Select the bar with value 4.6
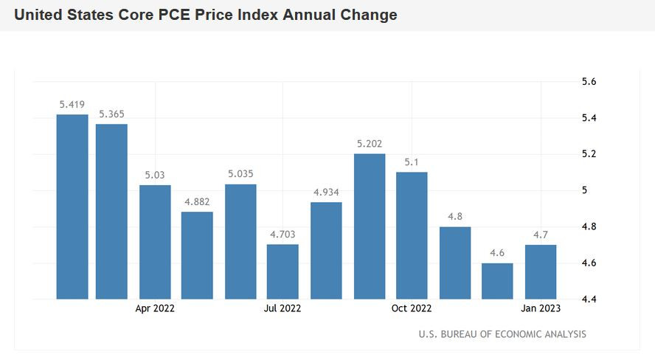497,281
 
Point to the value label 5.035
240,175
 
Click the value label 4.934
326,193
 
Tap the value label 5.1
412,162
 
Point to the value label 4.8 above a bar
454,217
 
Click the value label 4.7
540,235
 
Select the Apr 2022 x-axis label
155,308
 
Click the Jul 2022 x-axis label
283,308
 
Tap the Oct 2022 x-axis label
411,308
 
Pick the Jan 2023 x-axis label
539,308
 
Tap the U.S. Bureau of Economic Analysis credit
502,334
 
